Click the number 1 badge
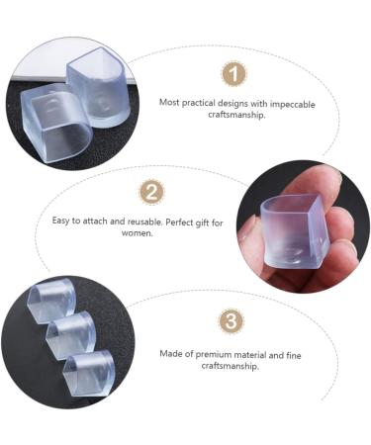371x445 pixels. pyautogui.click(x=233, y=73)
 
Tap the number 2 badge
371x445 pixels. pyautogui.click(x=152, y=192)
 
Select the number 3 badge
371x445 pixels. pyautogui.click(x=232, y=320)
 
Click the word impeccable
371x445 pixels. pyautogui.click(x=293, y=104)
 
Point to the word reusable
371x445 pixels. pyautogui.click(x=144, y=222)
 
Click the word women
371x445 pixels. pyautogui.click(x=137, y=233)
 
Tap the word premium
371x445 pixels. pyautogui.click(x=214, y=355)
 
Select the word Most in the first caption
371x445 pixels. pyautogui.click(x=169, y=102)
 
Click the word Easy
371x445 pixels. pyautogui.click(x=61, y=221)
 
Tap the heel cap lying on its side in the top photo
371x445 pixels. pyautogui.click(x=55, y=125)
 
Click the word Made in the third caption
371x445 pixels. pyautogui.click(x=171, y=354)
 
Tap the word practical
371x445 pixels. pyautogui.click(x=198, y=103)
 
